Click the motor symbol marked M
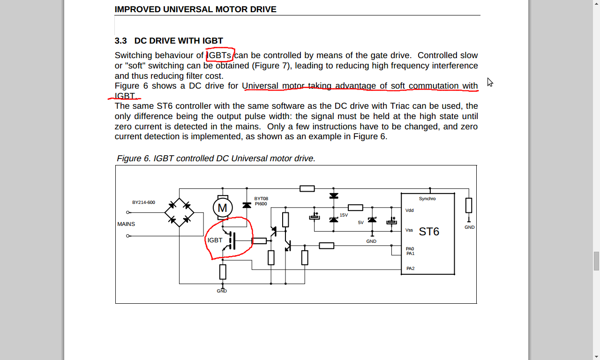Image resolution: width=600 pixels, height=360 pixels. pos(222,208)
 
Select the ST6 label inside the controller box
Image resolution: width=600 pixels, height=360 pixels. pos(429,232)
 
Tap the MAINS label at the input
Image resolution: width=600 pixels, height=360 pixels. pos(126,224)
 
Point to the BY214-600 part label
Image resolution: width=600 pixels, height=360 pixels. pos(143,202)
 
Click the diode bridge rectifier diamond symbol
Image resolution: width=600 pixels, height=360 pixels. pos(180,212)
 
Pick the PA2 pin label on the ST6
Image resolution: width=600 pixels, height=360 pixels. pos(410,269)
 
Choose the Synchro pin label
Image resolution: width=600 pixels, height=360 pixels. pos(427,199)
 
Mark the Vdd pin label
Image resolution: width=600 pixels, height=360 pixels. pos(410,210)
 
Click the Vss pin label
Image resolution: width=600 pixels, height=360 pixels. pos(409,230)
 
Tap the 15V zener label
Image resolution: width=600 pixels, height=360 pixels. pos(344,215)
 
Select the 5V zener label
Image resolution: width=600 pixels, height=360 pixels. pos(360,223)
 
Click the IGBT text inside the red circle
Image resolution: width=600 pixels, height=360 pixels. pos(215,240)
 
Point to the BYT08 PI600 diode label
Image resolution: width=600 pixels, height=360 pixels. pos(261,201)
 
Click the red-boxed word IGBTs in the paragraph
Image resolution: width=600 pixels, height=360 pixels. pos(220,55)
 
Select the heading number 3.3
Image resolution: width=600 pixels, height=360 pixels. pos(120,41)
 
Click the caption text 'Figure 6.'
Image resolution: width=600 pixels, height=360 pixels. pos(134,158)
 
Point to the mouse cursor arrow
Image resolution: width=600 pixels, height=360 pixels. pos(489,82)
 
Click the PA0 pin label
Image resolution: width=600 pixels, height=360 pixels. pos(410,249)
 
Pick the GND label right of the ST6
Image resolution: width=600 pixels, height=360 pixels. pos(469,227)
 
